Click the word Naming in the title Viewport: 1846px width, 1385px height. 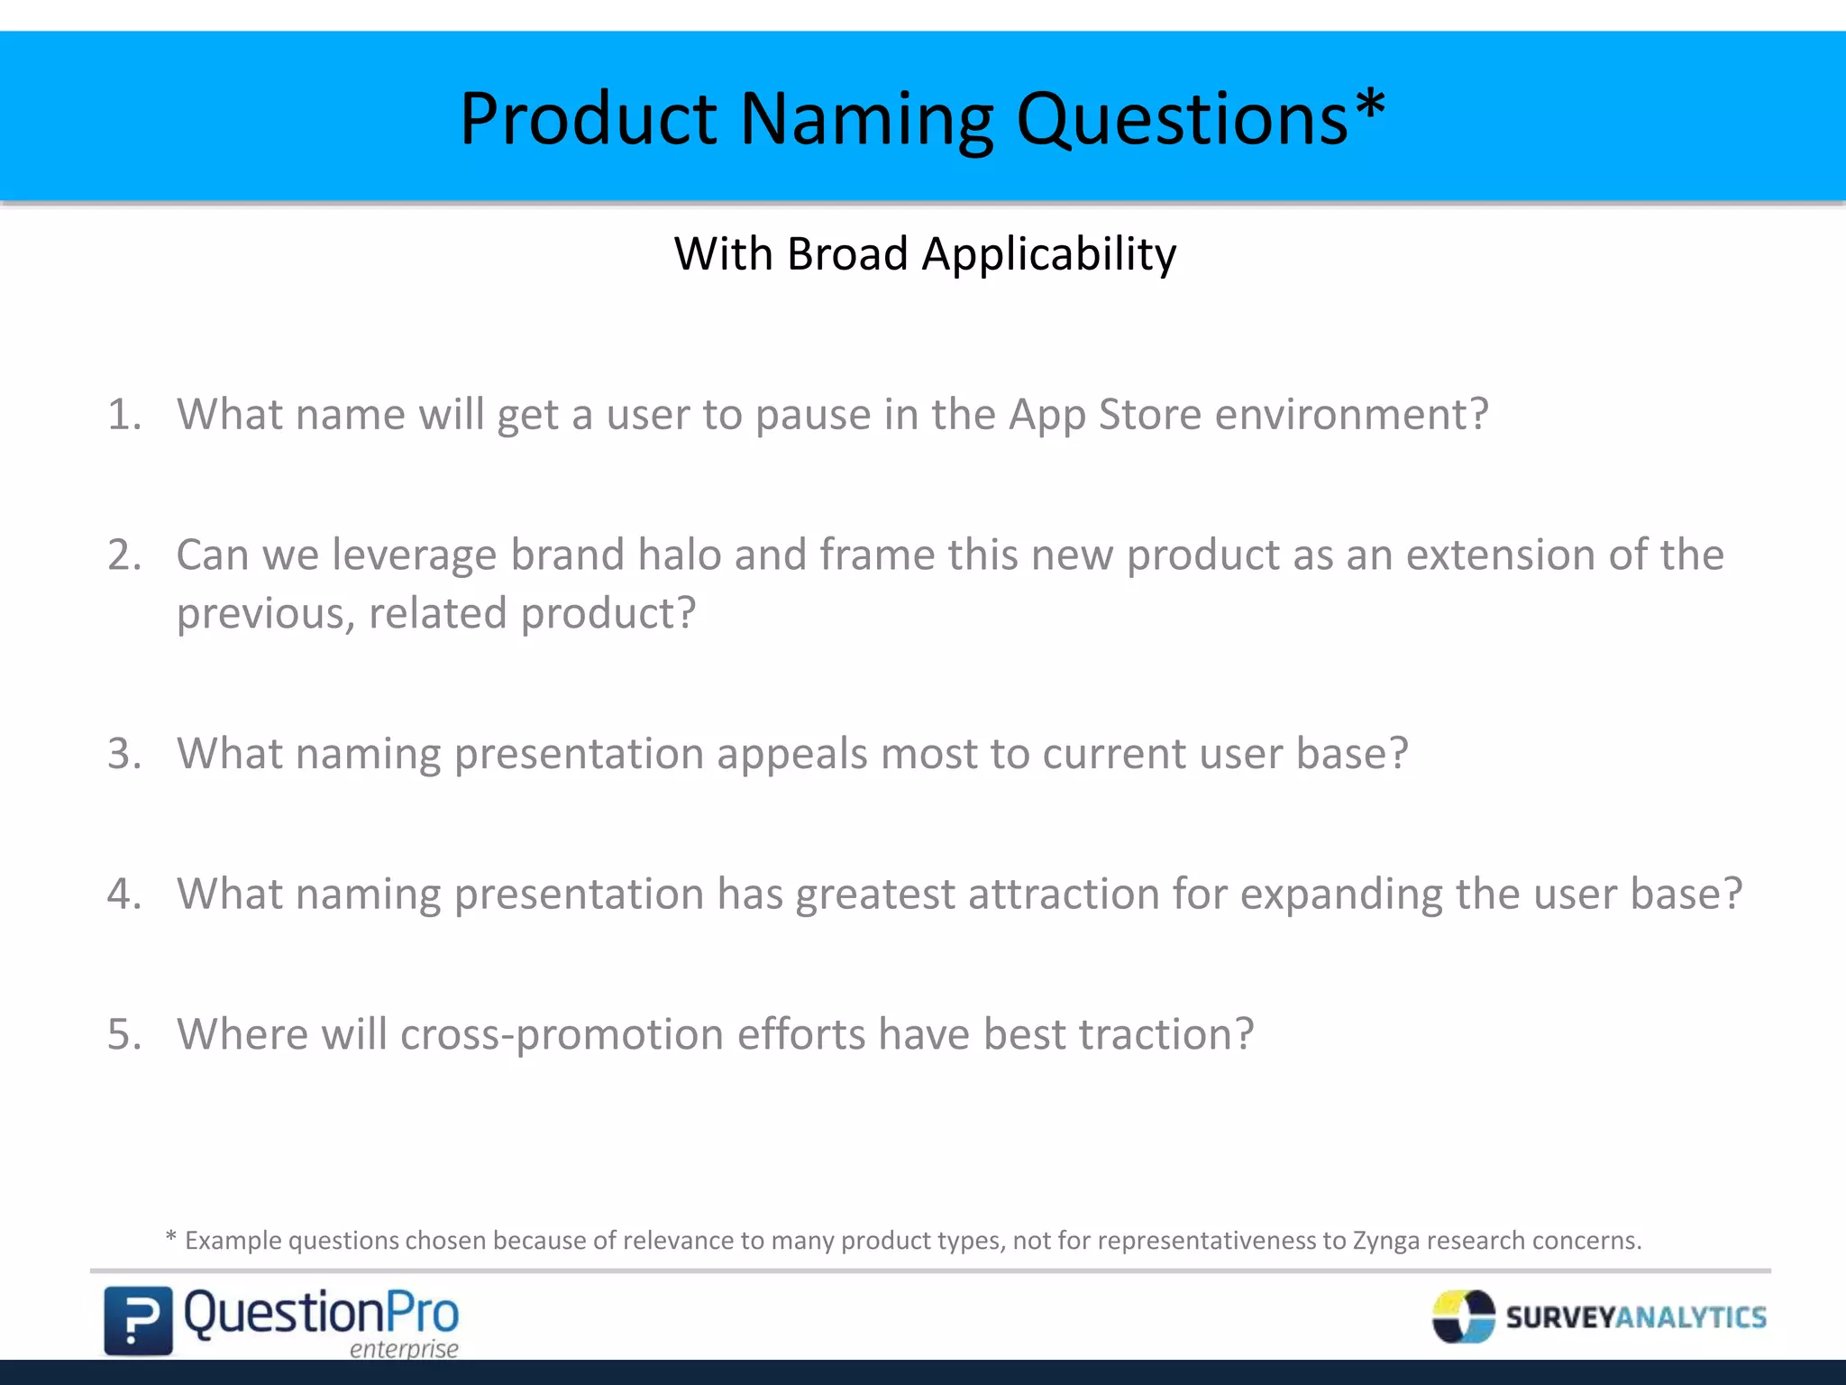coord(866,120)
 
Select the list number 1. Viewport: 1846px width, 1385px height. coord(124,415)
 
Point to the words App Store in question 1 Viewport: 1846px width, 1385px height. coord(1105,415)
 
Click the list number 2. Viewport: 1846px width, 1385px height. coord(124,555)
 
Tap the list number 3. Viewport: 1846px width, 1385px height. coord(124,754)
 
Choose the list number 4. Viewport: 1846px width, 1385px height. coord(124,894)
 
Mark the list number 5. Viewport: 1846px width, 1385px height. coord(124,1034)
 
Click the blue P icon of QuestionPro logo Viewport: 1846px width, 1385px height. coord(138,1321)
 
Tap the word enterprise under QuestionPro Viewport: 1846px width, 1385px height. coord(404,1349)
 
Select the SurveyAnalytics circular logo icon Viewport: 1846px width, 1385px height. coord(1463,1316)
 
